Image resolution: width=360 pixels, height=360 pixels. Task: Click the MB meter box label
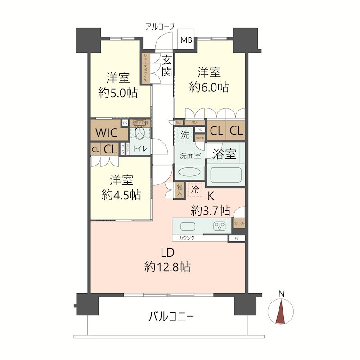186,40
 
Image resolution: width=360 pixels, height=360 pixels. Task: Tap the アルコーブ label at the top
159,27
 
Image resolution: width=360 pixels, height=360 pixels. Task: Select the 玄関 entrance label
166,65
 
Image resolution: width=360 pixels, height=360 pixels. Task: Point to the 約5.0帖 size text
118,93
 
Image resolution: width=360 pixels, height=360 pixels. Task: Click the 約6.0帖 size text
209,87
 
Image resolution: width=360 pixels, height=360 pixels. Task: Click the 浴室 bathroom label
225,154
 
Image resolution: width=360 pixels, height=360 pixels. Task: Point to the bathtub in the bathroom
225,175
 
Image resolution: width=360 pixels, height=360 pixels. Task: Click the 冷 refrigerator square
195,190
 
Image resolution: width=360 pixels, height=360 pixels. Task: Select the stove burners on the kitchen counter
219,226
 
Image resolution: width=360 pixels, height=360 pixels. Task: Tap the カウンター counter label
188,238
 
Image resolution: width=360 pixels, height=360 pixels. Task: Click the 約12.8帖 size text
167,267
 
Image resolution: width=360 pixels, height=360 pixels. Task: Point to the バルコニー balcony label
171,317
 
